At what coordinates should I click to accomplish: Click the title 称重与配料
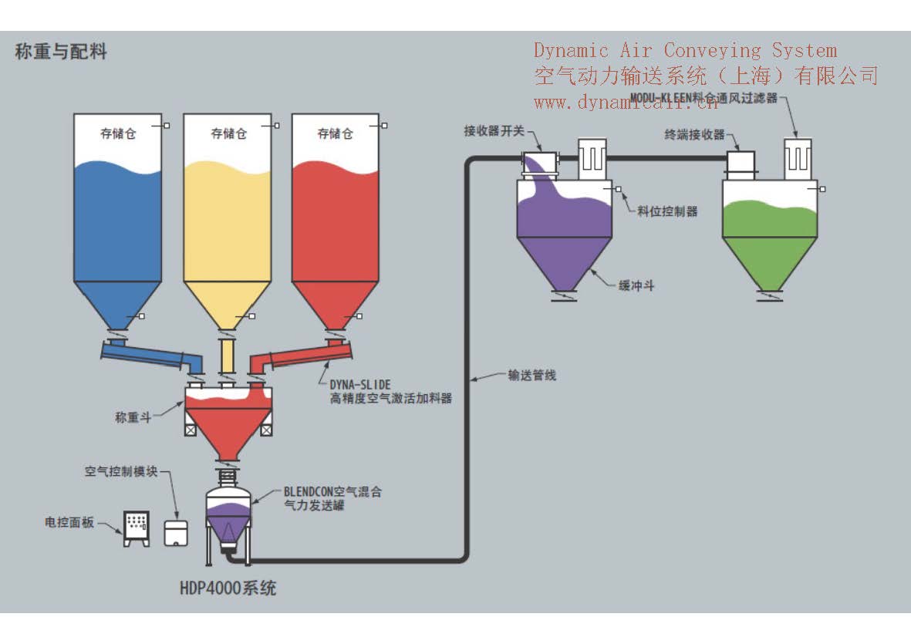click(x=61, y=52)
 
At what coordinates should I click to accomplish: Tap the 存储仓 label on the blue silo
click(x=118, y=133)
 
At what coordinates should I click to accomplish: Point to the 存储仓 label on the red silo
click(x=335, y=133)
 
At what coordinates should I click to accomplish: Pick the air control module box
click(x=177, y=533)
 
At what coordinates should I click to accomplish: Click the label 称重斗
click(x=131, y=417)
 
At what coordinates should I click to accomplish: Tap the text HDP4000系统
click(x=228, y=588)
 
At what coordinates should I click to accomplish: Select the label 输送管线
click(x=531, y=376)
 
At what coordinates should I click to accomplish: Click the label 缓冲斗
click(x=636, y=285)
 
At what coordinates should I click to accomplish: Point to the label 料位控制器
click(x=667, y=211)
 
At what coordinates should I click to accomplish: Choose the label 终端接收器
click(x=694, y=134)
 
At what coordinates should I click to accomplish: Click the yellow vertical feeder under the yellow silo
click(x=227, y=357)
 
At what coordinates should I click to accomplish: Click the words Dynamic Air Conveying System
click(x=685, y=51)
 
